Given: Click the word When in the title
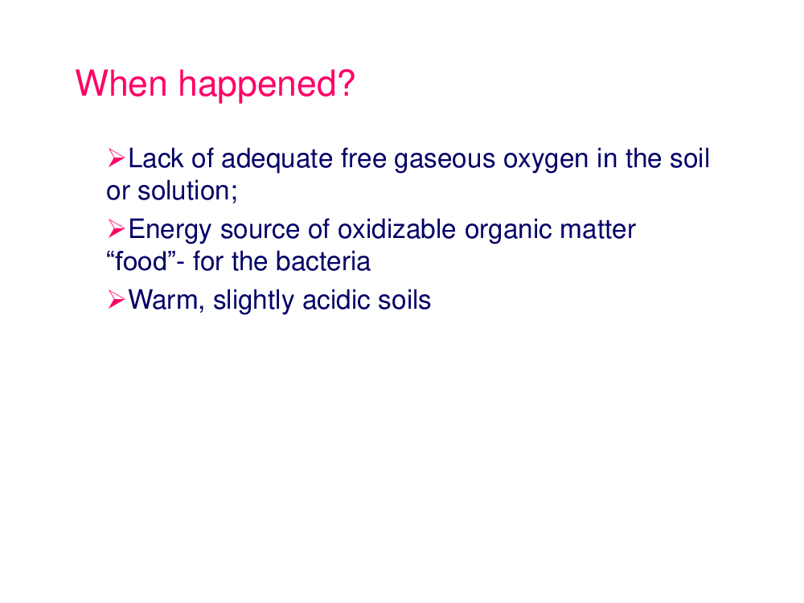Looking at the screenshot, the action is point(121,83).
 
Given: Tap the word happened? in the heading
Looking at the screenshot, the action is point(267,85).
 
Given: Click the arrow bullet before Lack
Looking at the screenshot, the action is point(117,158).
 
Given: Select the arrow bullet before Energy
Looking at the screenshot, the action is point(117,228).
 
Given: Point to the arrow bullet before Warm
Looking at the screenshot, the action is point(117,299).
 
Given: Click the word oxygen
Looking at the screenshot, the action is point(546,159).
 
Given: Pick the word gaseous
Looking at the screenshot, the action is point(445,159).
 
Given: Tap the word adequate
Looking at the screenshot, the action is point(277,159).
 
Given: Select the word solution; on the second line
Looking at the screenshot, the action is point(187,191).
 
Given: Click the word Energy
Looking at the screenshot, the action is point(170,230).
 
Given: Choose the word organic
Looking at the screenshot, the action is point(508,230).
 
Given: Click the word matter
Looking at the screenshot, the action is point(598,229).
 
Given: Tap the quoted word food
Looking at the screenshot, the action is point(141,261).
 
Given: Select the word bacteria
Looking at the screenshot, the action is point(323,261).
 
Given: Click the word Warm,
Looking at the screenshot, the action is point(166,300).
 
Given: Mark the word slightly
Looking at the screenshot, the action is point(253,301).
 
